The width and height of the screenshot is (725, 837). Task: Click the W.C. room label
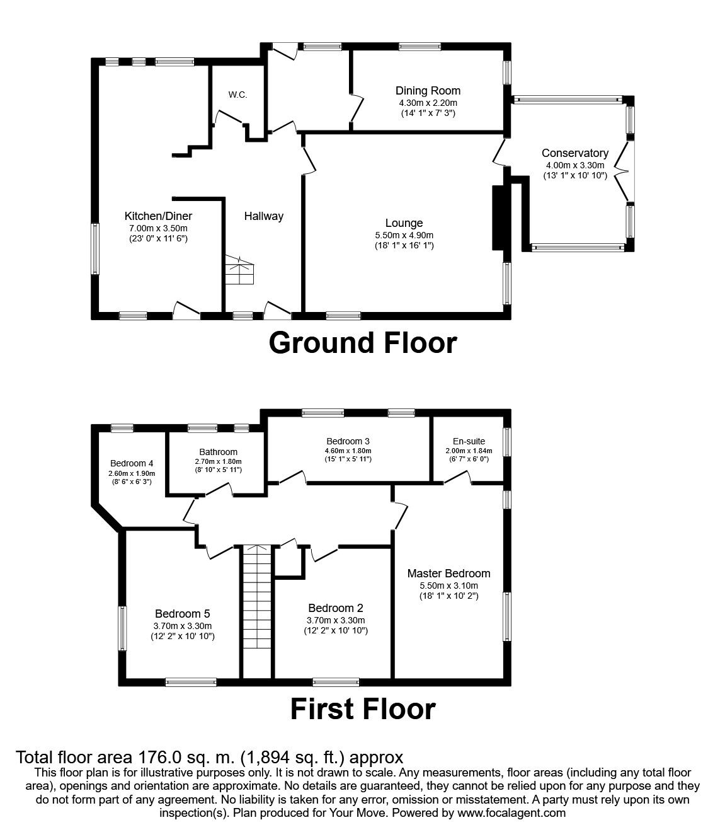pos(237,95)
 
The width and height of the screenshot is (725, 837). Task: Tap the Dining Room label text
pos(428,91)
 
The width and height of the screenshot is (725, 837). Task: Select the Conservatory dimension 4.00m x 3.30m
pos(574,165)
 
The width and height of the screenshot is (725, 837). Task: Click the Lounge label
pos(404,223)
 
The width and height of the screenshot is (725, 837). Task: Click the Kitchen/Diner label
pos(158,216)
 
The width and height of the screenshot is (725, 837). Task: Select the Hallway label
pos(264,216)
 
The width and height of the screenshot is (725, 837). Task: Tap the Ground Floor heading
pos(362,343)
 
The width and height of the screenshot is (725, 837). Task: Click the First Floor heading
pos(362,708)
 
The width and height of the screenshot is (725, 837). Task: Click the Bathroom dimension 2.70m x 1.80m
pos(218,461)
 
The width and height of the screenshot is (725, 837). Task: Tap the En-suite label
pos(469,441)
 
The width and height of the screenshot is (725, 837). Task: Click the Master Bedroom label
pos(448,574)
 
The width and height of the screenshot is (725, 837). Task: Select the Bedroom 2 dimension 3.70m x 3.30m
pos(335,620)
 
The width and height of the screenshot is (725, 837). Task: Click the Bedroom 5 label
pos(183,613)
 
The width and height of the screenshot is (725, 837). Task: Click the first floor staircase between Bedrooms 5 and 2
pos(256,611)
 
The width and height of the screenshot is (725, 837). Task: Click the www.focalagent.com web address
pos(511,813)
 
